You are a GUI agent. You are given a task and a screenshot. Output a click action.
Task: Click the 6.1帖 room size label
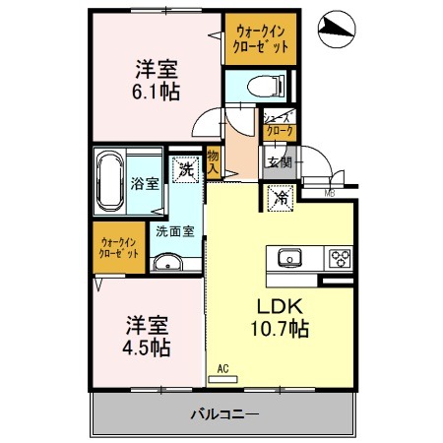[158, 91]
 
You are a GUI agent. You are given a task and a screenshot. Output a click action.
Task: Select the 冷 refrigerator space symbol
[281, 198]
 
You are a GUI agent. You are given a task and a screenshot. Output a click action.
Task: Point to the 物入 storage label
[213, 161]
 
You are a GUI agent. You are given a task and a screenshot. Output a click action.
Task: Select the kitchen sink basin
[290, 259]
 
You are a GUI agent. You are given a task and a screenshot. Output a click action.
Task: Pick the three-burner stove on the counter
[339, 259]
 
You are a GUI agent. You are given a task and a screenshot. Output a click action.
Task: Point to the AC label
[222, 369]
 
